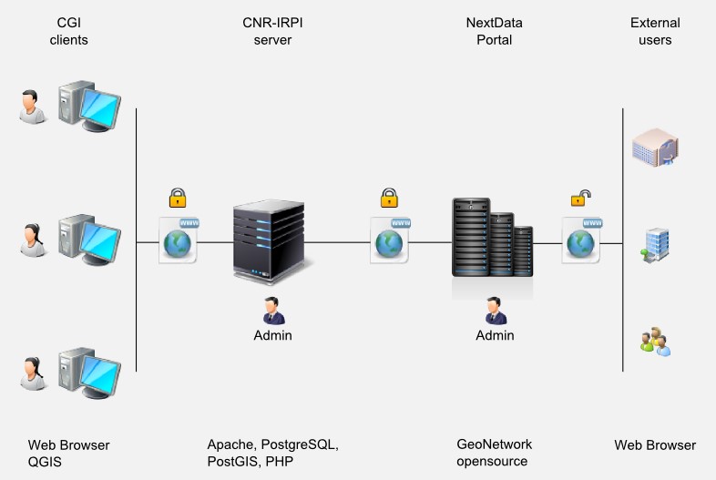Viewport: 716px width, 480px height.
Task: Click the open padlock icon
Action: [x=580, y=199]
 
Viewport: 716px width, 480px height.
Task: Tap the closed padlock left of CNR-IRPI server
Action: [x=178, y=198]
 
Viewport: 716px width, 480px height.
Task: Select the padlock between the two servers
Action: [x=389, y=198]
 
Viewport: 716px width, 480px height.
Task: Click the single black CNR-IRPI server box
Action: [x=269, y=241]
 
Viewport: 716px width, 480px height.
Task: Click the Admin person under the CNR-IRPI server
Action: [x=273, y=311]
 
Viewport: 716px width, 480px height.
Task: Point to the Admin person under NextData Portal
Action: [x=496, y=311]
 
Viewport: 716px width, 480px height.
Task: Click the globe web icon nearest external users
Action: [x=581, y=240]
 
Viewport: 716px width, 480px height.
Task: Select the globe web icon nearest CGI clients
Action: [x=178, y=240]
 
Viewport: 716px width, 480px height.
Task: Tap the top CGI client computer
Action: [x=89, y=107]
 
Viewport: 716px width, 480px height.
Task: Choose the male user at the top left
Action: [x=32, y=107]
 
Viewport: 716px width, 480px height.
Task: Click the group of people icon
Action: [x=655, y=342]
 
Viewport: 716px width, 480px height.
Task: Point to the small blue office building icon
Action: [x=655, y=245]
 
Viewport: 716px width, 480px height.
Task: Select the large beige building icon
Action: [x=655, y=147]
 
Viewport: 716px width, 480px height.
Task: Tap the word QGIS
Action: [x=45, y=462]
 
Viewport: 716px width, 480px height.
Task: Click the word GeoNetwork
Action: [x=494, y=444]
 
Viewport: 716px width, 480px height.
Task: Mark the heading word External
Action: [x=655, y=23]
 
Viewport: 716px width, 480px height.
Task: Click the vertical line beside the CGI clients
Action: [x=136, y=240]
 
